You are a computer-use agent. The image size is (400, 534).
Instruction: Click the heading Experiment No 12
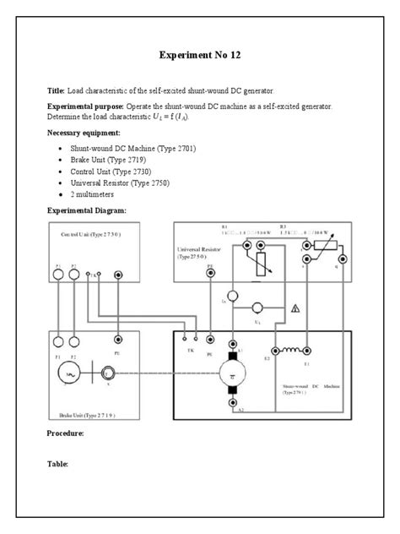click(199, 55)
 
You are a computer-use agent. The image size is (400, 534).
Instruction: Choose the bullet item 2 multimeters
click(94, 193)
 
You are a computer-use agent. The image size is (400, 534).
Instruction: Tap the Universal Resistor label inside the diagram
click(200, 252)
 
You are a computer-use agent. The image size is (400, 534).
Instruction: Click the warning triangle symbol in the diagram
click(295, 308)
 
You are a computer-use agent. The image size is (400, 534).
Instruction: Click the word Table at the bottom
click(57, 464)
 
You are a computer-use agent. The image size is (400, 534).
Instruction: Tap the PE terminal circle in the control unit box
click(118, 275)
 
